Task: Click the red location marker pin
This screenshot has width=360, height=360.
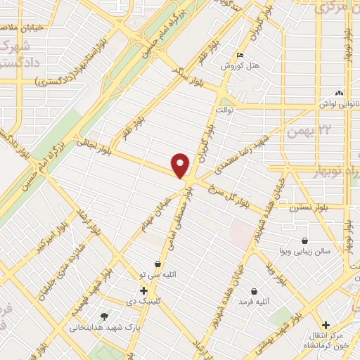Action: tap(181, 165)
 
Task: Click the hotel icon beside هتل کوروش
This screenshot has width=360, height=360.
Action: tap(241, 56)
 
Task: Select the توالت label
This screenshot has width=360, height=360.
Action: tap(224, 110)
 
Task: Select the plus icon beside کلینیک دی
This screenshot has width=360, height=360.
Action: tap(143, 290)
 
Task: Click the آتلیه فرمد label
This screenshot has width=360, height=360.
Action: tap(253, 302)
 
